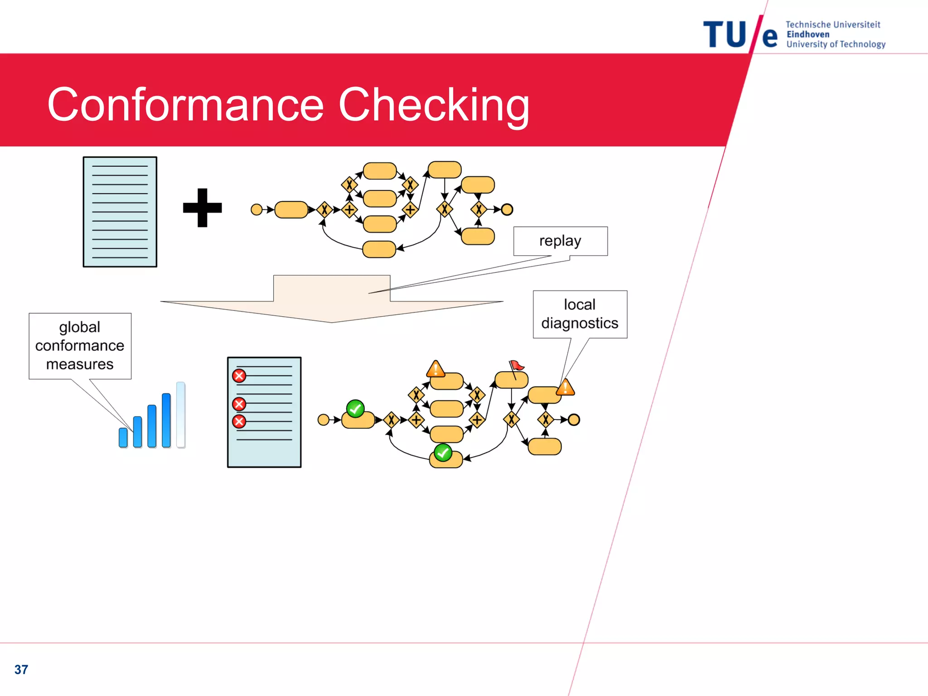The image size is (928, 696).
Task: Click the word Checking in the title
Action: [434, 105]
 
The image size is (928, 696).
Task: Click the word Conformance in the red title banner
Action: [186, 105]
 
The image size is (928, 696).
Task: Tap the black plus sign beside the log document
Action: [202, 208]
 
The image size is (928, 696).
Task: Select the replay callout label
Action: [560, 241]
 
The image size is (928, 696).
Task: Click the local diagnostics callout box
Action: [580, 314]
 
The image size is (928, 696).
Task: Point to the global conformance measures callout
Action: [80, 346]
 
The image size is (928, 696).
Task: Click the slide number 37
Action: [21, 669]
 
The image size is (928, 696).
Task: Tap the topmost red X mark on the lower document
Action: [239, 376]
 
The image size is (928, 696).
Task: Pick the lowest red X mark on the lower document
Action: [239, 421]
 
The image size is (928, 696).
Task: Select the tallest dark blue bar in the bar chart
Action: [166, 420]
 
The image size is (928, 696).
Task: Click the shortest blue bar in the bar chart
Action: [123, 437]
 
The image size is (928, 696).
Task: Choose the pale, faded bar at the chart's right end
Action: [181, 415]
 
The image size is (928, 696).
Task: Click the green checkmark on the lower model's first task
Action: [355, 409]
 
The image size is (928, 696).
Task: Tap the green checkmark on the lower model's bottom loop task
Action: [443, 452]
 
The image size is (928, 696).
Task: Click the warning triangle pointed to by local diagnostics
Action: [565, 388]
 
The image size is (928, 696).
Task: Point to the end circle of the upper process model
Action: [507, 209]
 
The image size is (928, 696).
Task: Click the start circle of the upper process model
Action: [256, 209]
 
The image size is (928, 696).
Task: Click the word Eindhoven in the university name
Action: [808, 34]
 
